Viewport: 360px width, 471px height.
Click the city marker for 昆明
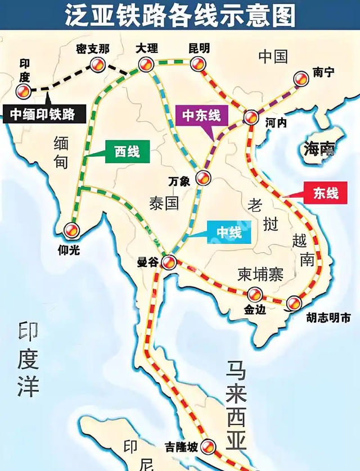(x=197, y=64)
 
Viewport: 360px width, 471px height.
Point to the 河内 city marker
(x=251, y=117)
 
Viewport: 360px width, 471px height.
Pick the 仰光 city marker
(x=72, y=229)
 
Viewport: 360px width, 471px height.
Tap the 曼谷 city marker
(x=169, y=261)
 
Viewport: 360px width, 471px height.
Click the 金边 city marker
(x=255, y=294)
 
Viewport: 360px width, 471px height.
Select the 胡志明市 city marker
(x=293, y=304)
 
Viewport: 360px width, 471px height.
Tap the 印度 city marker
(x=24, y=91)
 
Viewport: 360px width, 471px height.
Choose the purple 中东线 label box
(x=201, y=116)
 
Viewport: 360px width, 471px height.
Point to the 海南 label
(x=319, y=149)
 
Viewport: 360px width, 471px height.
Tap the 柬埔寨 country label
(x=260, y=274)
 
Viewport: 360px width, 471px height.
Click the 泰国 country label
(x=164, y=202)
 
